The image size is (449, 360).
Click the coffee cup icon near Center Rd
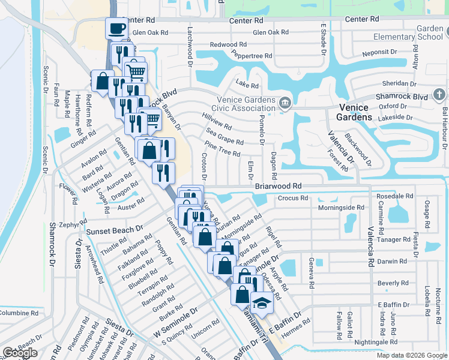[116, 28]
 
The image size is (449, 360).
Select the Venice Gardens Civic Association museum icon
[286, 103]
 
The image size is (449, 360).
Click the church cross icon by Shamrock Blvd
[439, 95]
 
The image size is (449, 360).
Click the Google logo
[20, 353]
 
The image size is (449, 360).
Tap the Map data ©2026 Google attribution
[412, 355]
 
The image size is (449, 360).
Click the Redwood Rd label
[228, 44]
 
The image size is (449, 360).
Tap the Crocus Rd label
[293, 197]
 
